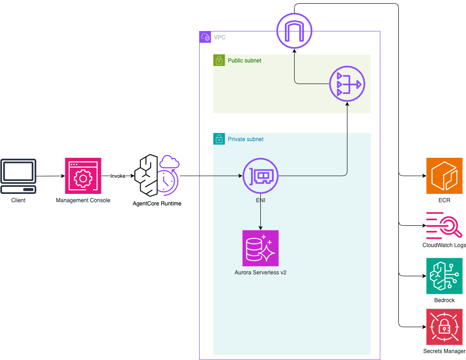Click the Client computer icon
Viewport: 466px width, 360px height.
click(19, 176)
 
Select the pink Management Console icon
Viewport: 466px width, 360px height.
click(83, 176)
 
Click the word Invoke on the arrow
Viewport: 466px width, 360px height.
click(118, 176)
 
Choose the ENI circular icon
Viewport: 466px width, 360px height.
click(260, 176)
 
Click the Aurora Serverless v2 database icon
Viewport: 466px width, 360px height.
click(260, 248)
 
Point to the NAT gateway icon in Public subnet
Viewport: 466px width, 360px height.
click(347, 84)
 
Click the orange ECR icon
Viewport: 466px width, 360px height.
click(444, 176)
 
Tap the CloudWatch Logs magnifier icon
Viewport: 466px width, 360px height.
click(444, 225)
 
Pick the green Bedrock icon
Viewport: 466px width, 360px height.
click(444, 276)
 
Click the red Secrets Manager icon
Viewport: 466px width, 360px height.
click(444, 327)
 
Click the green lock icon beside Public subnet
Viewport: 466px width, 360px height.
click(219, 60)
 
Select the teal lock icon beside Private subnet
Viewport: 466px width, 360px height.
click(219, 139)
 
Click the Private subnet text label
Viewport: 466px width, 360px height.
click(246, 139)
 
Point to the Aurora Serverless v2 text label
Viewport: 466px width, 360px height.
click(260, 273)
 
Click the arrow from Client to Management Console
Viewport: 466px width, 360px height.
click(50, 176)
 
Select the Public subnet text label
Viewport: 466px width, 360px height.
click(244, 61)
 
